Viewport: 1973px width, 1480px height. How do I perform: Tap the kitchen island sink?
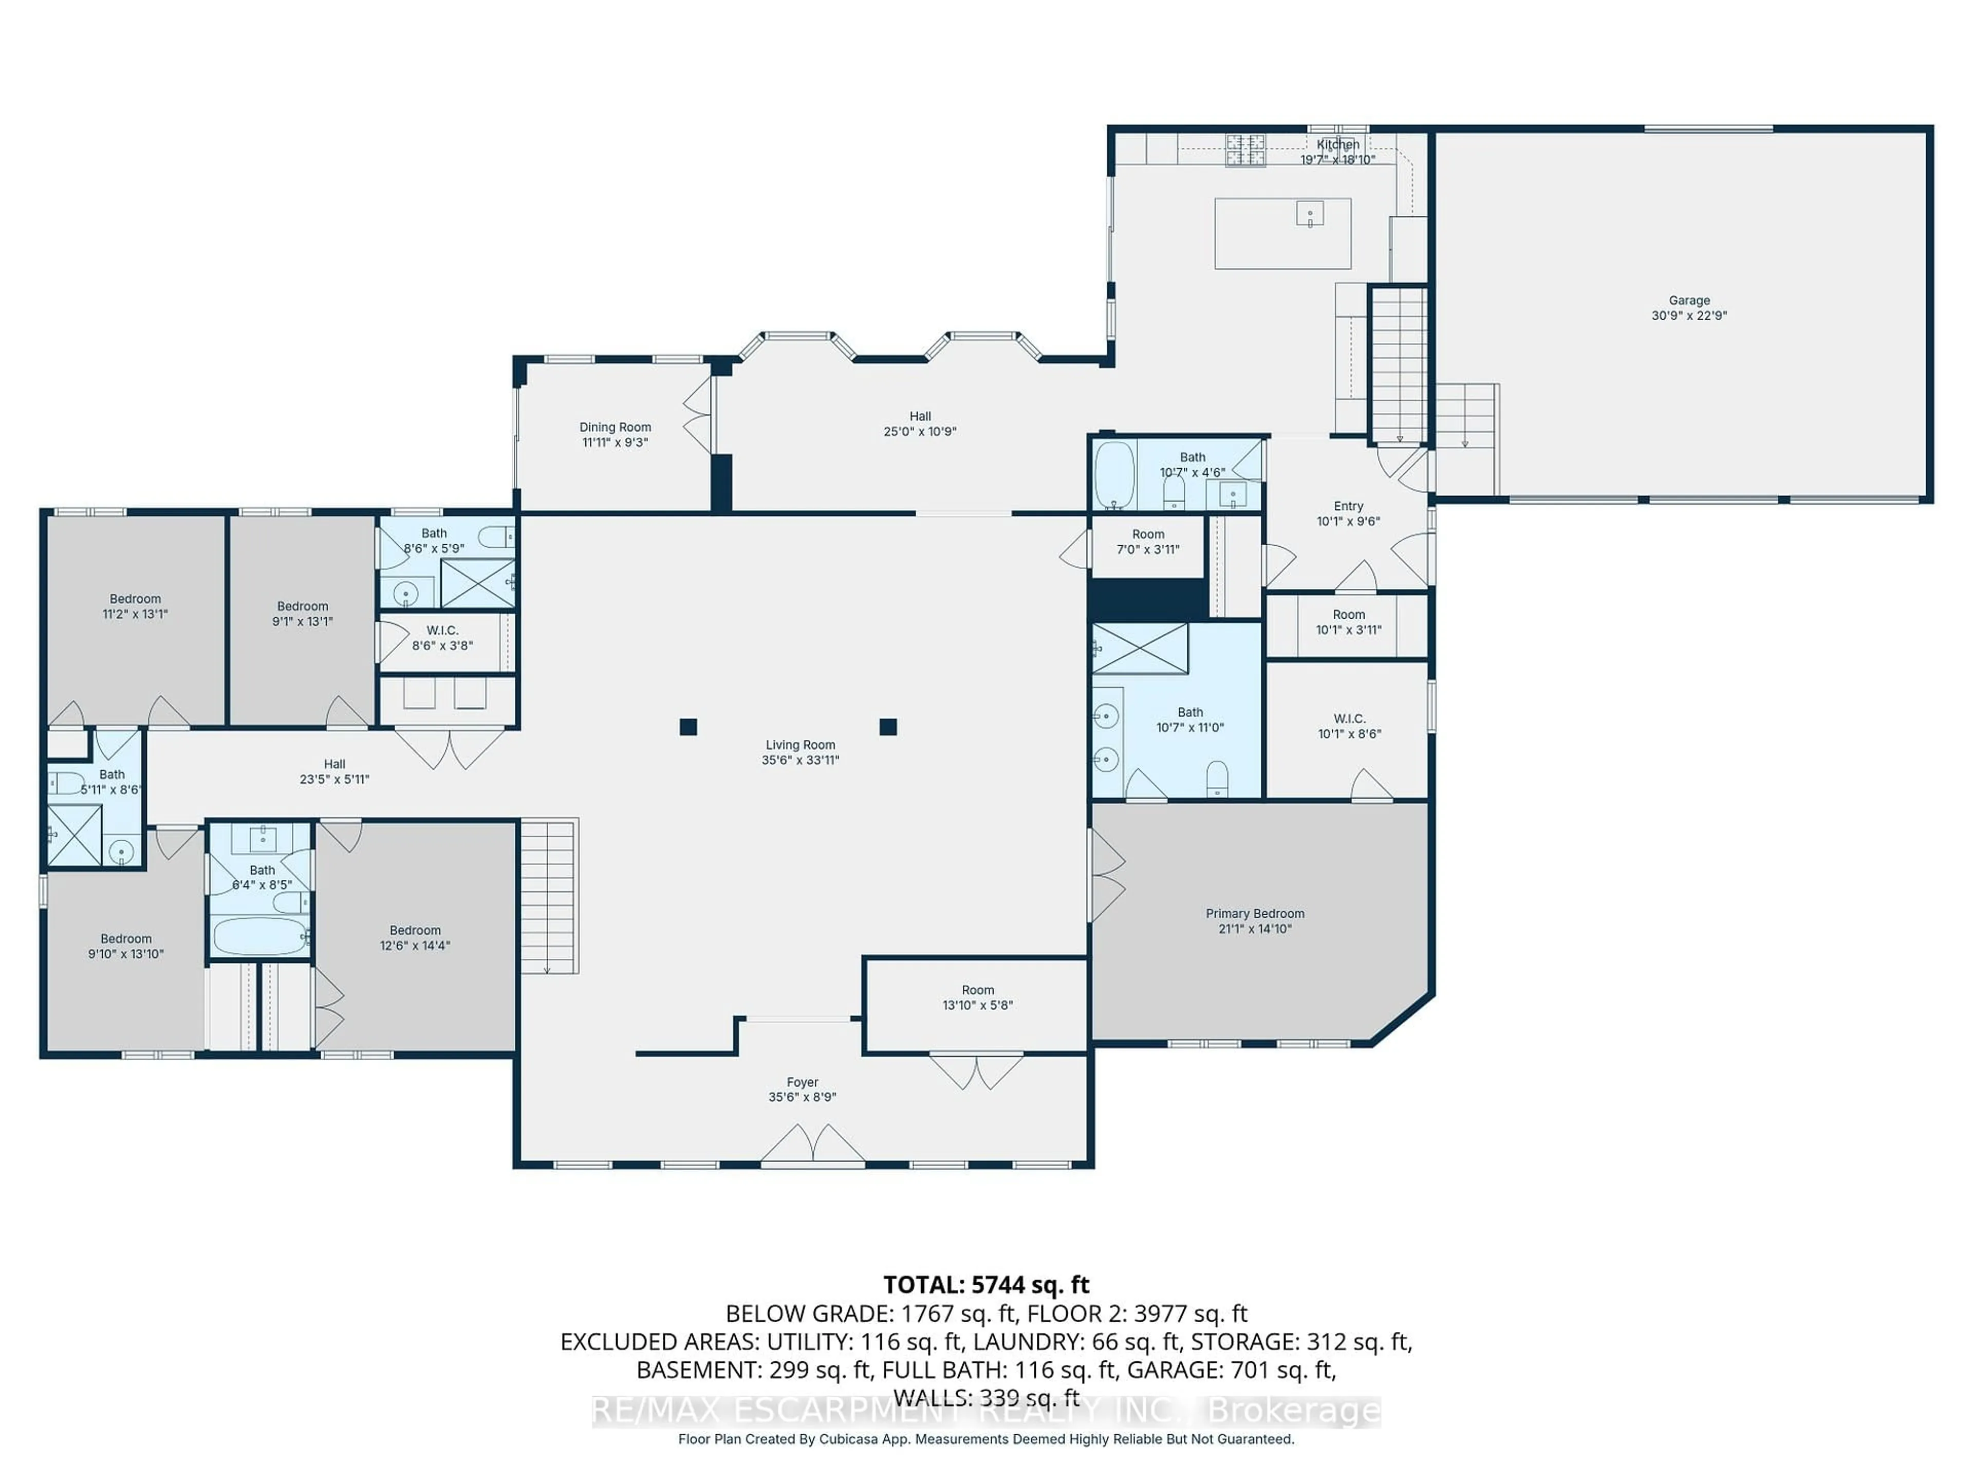tap(1309, 213)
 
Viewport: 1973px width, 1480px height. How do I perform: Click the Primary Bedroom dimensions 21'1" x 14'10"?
tap(1255, 929)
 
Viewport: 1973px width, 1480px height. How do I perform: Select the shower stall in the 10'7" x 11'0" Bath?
tap(1141, 649)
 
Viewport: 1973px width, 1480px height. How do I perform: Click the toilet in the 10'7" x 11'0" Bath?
tap(1217, 779)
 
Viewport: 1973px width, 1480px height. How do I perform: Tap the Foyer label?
tap(802, 1082)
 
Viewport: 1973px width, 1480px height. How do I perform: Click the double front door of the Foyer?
tap(812, 1148)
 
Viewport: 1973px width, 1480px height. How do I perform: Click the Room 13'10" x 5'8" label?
tap(978, 990)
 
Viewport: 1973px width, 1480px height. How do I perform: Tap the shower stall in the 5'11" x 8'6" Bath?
tap(74, 834)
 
